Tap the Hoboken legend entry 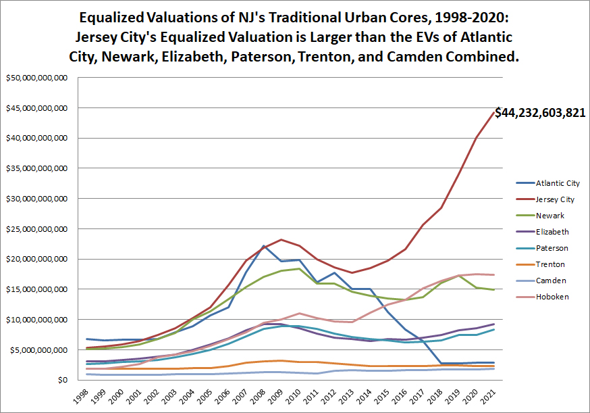point(552,297)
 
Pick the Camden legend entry point(551,281)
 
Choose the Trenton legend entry point(551,264)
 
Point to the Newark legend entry point(550,216)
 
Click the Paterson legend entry point(552,248)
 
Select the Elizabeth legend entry point(552,232)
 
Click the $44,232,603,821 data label point(540,113)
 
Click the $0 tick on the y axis point(62,380)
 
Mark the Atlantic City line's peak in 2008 point(263,246)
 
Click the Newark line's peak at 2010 point(299,269)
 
